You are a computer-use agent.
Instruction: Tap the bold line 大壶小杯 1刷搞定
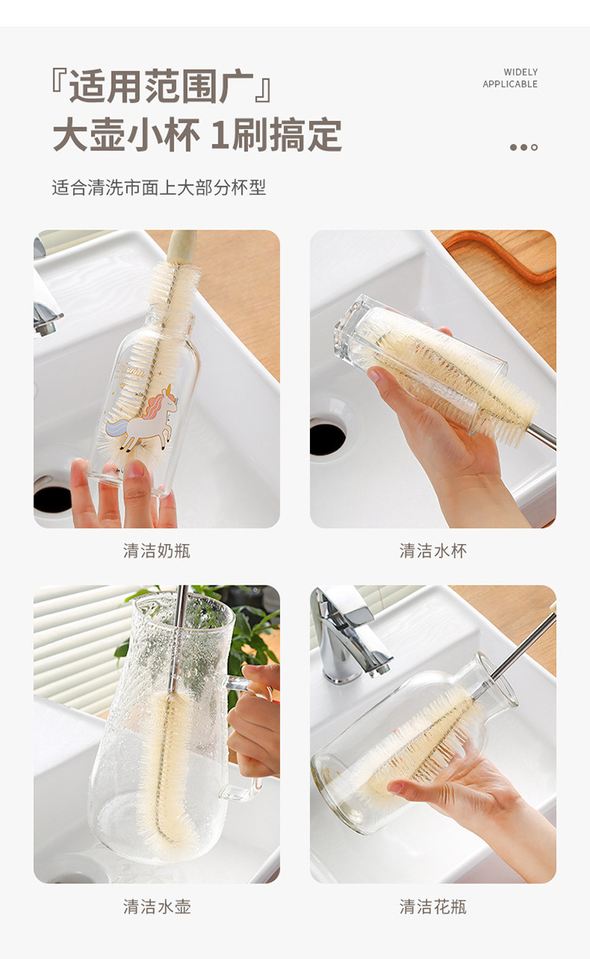(x=197, y=135)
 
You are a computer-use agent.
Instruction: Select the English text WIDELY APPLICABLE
(x=510, y=78)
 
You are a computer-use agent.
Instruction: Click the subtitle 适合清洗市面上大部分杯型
(x=159, y=188)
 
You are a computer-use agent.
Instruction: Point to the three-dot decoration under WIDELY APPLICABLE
(x=523, y=147)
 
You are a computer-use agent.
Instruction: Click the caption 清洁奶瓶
(x=157, y=551)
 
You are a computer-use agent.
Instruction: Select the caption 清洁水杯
(x=433, y=551)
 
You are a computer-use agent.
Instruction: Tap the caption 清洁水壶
(x=157, y=906)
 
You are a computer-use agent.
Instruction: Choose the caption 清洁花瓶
(x=433, y=906)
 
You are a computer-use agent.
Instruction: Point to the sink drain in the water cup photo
(x=327, y=439)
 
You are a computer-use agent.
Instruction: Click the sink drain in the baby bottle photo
(x=52, y=498)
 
